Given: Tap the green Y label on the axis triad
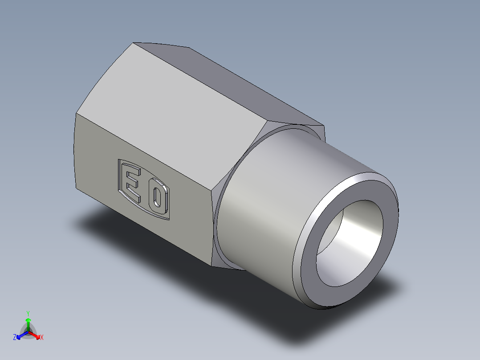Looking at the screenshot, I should pos(28,313).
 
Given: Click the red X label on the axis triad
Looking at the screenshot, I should pos(42,338).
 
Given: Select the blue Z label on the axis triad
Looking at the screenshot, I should pos(15,338).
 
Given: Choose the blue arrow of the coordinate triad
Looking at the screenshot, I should pos(20,335).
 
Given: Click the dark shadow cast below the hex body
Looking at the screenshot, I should pos(134,236).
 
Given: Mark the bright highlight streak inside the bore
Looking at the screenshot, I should pos(361,232).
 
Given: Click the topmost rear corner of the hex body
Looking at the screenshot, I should pos(133,43).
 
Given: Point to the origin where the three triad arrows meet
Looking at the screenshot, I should pos(28,332).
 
